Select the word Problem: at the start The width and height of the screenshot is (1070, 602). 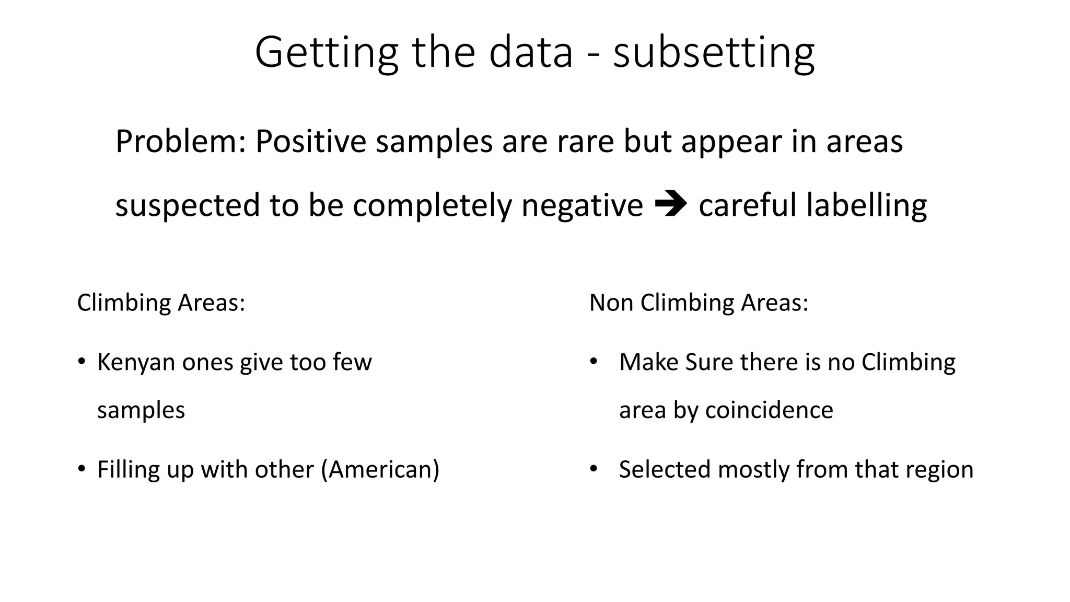point(180,142)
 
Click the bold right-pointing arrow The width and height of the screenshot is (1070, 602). point(670,204)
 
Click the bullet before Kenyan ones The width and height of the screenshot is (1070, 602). point(81,362)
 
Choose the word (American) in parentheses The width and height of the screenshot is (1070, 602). point(380,469)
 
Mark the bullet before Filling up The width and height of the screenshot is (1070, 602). point(81,469)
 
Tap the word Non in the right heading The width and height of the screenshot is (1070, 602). point(611,303)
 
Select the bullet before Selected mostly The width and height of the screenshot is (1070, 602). point(593,469)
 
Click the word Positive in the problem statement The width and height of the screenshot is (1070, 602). point(311,142)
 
